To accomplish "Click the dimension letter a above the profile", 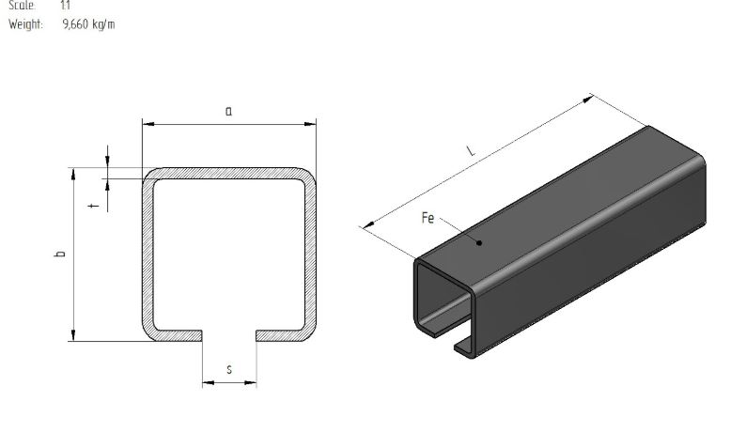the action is point(229,112).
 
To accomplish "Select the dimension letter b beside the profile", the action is point(60,254).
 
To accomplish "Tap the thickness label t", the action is point(94,205).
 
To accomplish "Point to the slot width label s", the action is point(229,369).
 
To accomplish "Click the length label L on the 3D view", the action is point(471,151).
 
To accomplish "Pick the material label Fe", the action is point(427,218).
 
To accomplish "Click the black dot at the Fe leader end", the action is point(479,242).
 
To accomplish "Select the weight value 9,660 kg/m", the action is point(88,24).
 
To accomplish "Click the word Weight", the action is point(25,24).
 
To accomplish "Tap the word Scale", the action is point(22,6).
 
